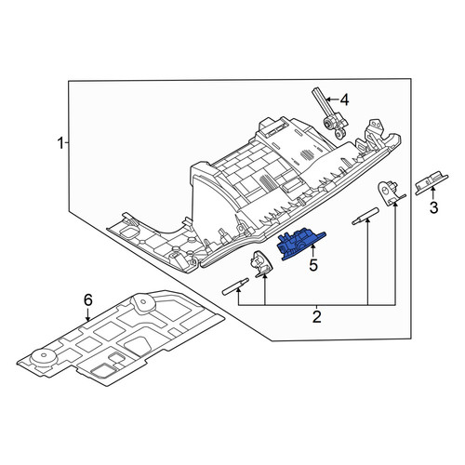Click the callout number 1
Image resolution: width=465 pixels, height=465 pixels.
click(60, 143)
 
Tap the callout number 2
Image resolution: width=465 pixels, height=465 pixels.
click(316, 317)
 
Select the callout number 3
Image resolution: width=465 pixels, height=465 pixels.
click(433, 207)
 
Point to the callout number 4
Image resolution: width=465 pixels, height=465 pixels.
click(344, 100)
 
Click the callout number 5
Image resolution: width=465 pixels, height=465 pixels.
click(313, 265)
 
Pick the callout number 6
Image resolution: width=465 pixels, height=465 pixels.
click(88, 300)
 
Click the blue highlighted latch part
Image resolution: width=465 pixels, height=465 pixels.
click(300, 243)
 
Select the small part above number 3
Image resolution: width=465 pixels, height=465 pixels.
click(432, 182)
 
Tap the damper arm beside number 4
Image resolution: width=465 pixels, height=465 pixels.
click(330, 113)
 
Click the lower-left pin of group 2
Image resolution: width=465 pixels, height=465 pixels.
click(235, 286)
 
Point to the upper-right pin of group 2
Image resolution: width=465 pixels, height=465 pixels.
click(365, 216)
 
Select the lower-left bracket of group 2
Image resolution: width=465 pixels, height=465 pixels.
click(261, 264)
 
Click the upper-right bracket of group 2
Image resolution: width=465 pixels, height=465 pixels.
click(391, 193)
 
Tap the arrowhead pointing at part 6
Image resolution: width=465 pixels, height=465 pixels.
click(88, 318)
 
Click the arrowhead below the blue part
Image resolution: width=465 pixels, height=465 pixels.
click(313, 246)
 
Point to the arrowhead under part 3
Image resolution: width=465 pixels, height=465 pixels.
click(433, 189)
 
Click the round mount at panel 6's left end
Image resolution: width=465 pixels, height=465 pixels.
click(44, 359)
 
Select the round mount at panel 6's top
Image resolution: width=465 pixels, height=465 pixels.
click(144, 301)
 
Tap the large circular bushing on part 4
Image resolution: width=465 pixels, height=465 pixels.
click(327, 123)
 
